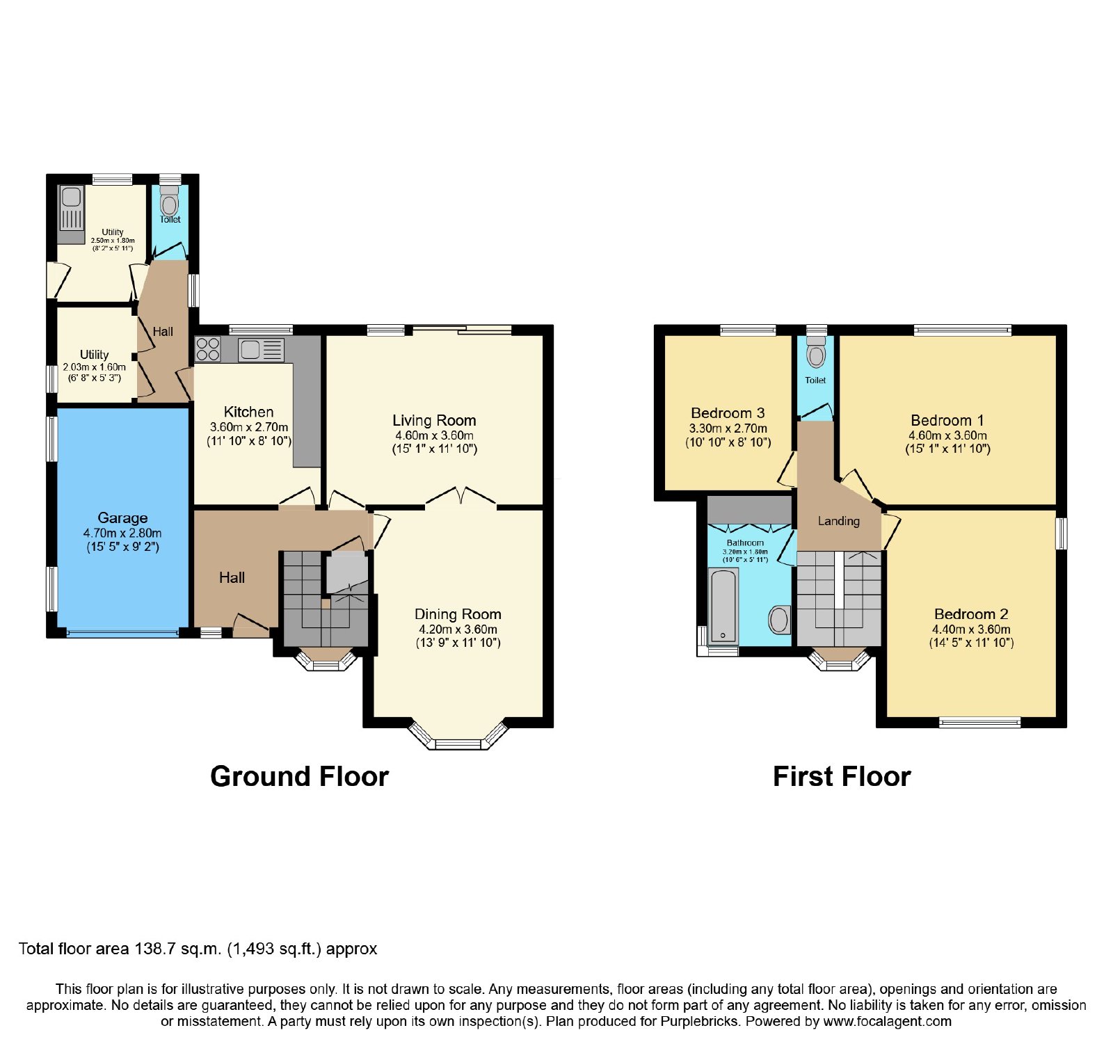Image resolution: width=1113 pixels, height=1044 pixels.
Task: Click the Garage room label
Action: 122,517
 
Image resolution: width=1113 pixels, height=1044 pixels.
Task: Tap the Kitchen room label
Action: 248,412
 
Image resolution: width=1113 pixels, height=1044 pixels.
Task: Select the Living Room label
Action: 434,420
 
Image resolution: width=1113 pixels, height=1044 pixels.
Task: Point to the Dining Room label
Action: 458,614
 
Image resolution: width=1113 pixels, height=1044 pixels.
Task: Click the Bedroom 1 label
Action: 947,420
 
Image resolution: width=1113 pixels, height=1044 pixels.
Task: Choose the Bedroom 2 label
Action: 971,614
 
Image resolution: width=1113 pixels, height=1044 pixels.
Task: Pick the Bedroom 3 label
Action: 728,413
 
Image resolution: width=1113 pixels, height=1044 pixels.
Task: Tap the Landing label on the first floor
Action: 838,521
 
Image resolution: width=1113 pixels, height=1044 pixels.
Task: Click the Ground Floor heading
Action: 299,776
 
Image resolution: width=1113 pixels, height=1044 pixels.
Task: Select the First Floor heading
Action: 842,776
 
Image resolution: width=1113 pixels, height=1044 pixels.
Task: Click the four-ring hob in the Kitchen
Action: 208,349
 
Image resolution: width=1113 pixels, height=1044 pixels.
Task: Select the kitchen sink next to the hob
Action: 261,350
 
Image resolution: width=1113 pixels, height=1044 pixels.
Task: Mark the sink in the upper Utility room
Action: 71,208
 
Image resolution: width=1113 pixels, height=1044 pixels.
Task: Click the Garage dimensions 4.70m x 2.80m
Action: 122,533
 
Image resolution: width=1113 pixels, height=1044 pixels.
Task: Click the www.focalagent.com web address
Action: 887,1022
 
